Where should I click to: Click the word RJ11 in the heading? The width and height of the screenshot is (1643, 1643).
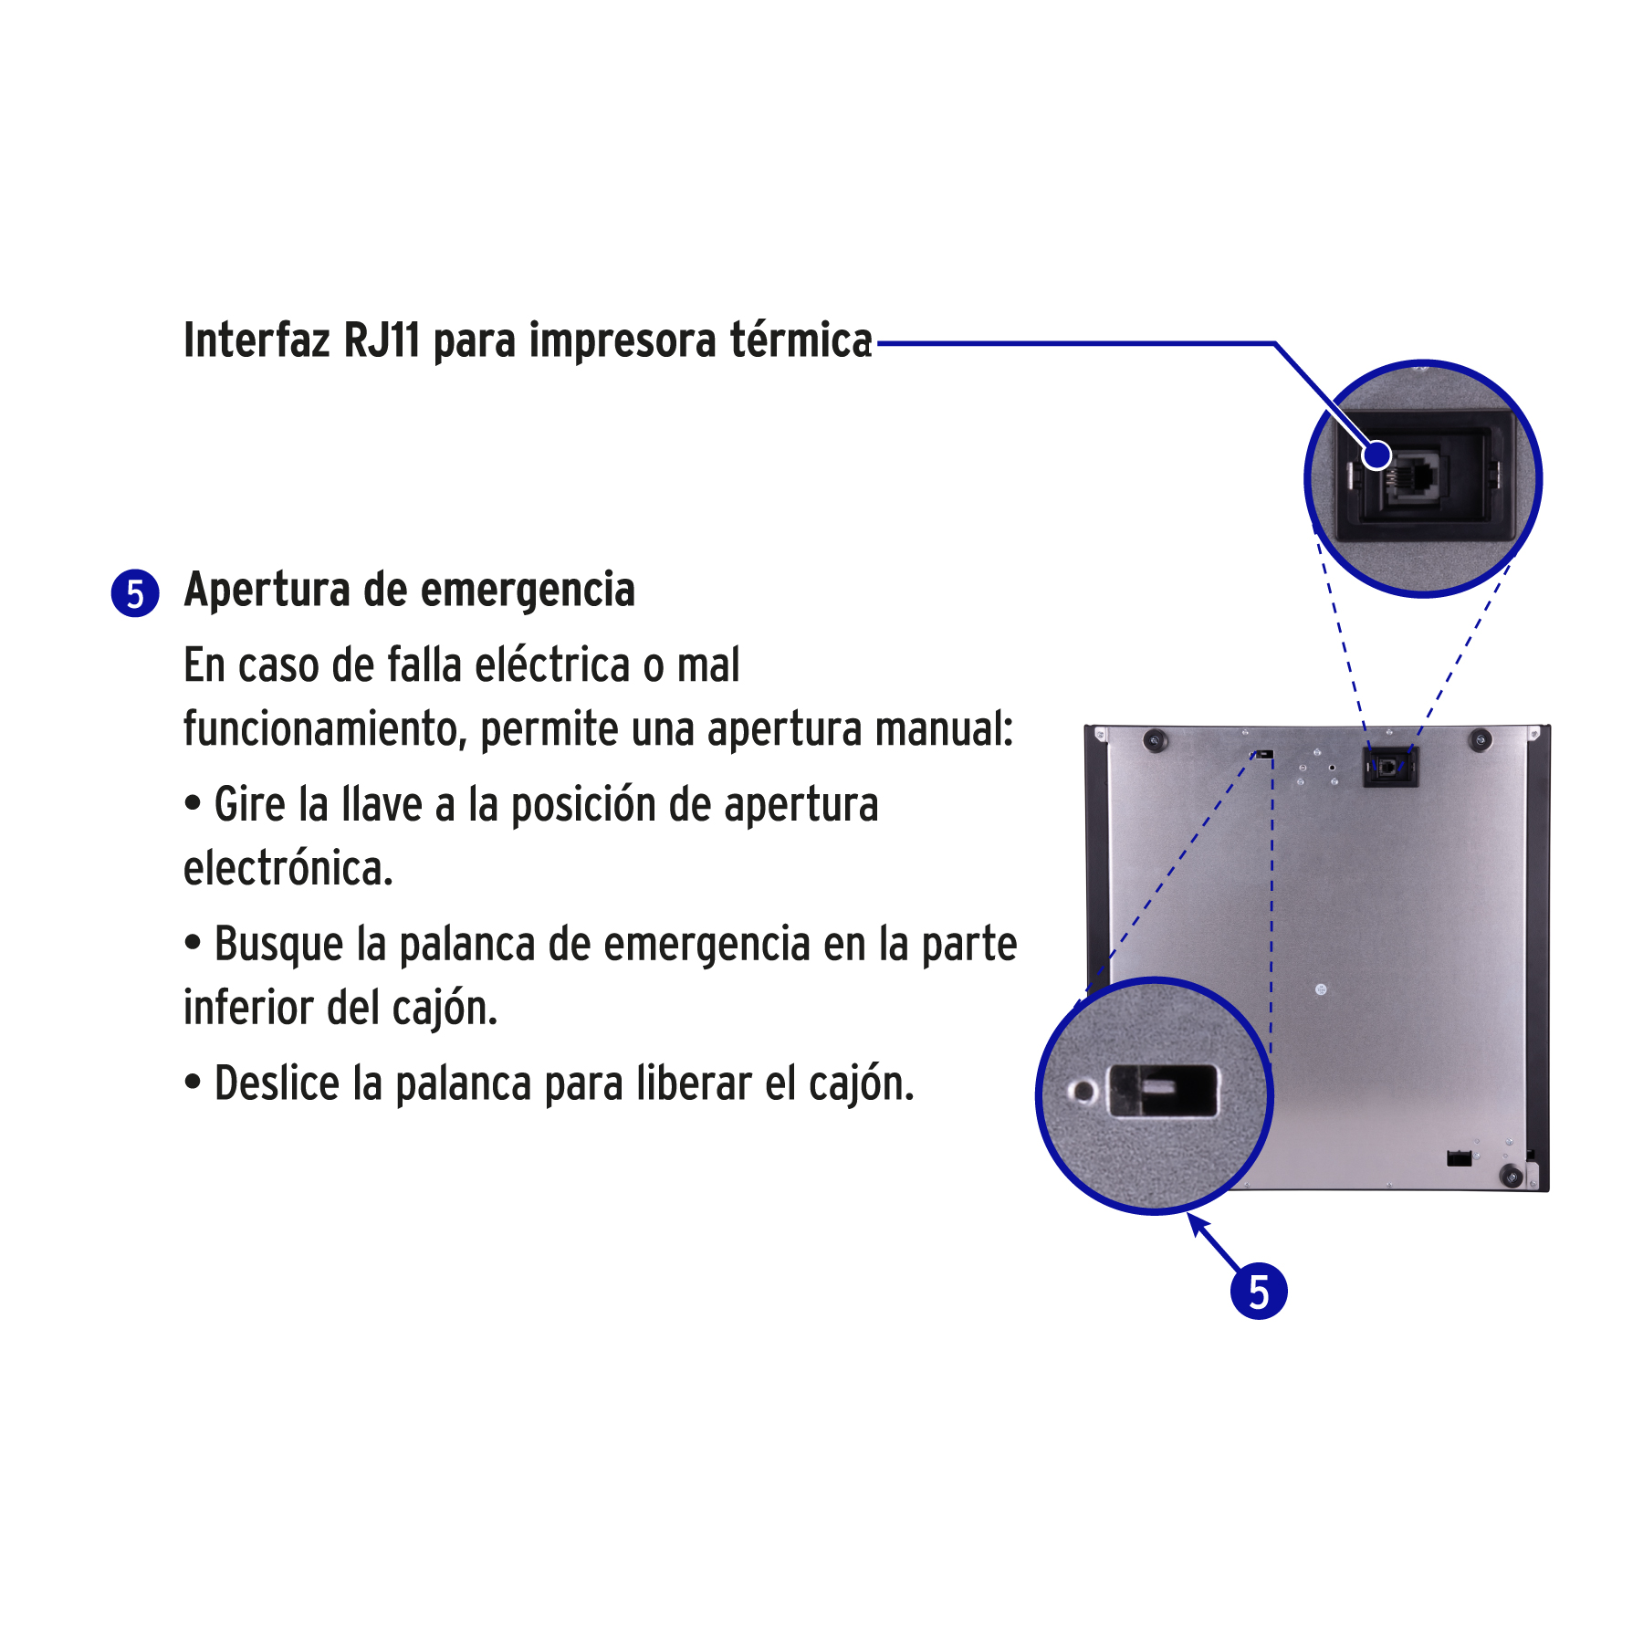click(x=382, y=340)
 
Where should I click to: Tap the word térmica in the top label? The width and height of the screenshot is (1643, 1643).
click(x=801, y=340)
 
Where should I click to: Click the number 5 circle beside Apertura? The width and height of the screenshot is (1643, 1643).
click(x=135, y=593)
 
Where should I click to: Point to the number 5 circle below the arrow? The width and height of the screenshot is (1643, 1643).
click(x=1259, y=1292)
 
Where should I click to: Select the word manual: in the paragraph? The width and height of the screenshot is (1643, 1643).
click(x=944, y=728)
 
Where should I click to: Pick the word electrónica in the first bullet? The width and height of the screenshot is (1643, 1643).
click(x=288, y=868)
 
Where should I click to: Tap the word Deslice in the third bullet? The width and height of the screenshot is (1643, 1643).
click(x=277, y=1083)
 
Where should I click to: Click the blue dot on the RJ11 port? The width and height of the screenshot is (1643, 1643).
click(x=1376, y=455)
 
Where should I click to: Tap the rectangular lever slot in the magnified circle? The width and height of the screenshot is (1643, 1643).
click(x=1163, y=1090)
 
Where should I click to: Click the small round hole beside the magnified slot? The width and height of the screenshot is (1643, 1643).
click(x=1083, y=1091)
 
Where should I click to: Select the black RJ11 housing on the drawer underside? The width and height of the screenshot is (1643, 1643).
click(x=1390, y=767)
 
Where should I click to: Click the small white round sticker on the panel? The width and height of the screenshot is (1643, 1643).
click(x=1321, y=989)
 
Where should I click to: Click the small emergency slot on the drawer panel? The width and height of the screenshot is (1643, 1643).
click(x=1264, y=754)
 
